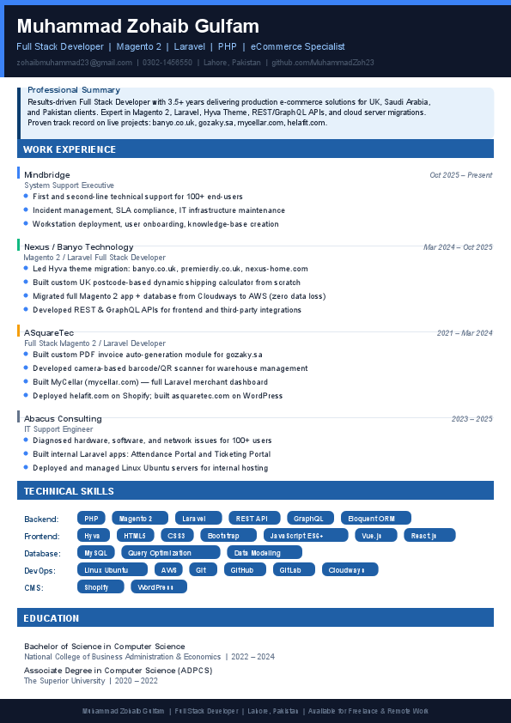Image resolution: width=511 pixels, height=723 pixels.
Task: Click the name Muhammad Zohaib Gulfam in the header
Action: (x=137, y=27)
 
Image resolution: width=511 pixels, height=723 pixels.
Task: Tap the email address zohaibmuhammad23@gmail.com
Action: (x=74, y=63)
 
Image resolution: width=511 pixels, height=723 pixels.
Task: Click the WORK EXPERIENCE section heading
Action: (x=70, y=149)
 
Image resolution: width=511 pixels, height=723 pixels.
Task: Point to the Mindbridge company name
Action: (x=47, y=174)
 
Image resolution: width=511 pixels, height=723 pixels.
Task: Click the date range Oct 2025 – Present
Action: (x=460, y=175)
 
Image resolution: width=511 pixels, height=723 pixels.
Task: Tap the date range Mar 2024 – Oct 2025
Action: (x=458, y=247)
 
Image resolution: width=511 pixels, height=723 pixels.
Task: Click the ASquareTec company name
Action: (x=49, y=332)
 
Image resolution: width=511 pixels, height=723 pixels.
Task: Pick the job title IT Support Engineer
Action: (x=58, y=428)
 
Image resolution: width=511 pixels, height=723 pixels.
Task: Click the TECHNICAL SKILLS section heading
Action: (x=69, y=491)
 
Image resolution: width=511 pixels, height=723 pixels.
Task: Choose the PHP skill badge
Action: (x=91, y=519)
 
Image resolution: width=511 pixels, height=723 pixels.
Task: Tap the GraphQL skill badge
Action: (x=308, y=519)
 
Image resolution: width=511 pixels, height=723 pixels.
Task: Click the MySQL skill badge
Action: (x=96, y=553)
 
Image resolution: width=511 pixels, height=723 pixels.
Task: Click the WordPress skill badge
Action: (x=158, y=587)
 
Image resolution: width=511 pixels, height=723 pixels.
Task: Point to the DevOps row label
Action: (x=40, y=570)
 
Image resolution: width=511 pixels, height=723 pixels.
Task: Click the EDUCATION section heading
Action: (x=52, y=618)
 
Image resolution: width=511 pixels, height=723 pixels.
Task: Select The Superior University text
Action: (x=64, y=681)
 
